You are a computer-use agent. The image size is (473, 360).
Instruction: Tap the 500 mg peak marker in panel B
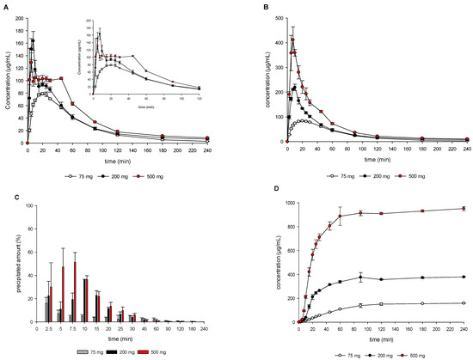click(292, 40)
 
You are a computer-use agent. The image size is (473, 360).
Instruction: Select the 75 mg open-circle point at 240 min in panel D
click(465, 303)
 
